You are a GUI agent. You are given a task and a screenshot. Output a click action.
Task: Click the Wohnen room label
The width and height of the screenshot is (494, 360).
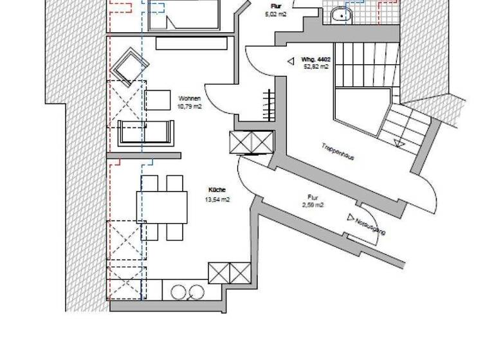190,98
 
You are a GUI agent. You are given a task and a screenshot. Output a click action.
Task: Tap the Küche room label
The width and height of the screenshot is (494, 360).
216,190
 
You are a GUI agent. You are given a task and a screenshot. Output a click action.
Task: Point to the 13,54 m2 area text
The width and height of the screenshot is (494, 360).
217,199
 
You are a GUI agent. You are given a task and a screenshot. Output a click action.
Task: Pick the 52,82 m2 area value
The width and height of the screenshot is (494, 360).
315,66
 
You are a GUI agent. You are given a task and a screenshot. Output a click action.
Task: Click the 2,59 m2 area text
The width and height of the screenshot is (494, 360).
313,205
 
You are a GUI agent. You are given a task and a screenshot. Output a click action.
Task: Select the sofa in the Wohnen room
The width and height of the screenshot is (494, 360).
147,133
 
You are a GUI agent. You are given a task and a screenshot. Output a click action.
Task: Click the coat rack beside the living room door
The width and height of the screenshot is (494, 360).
268,104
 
